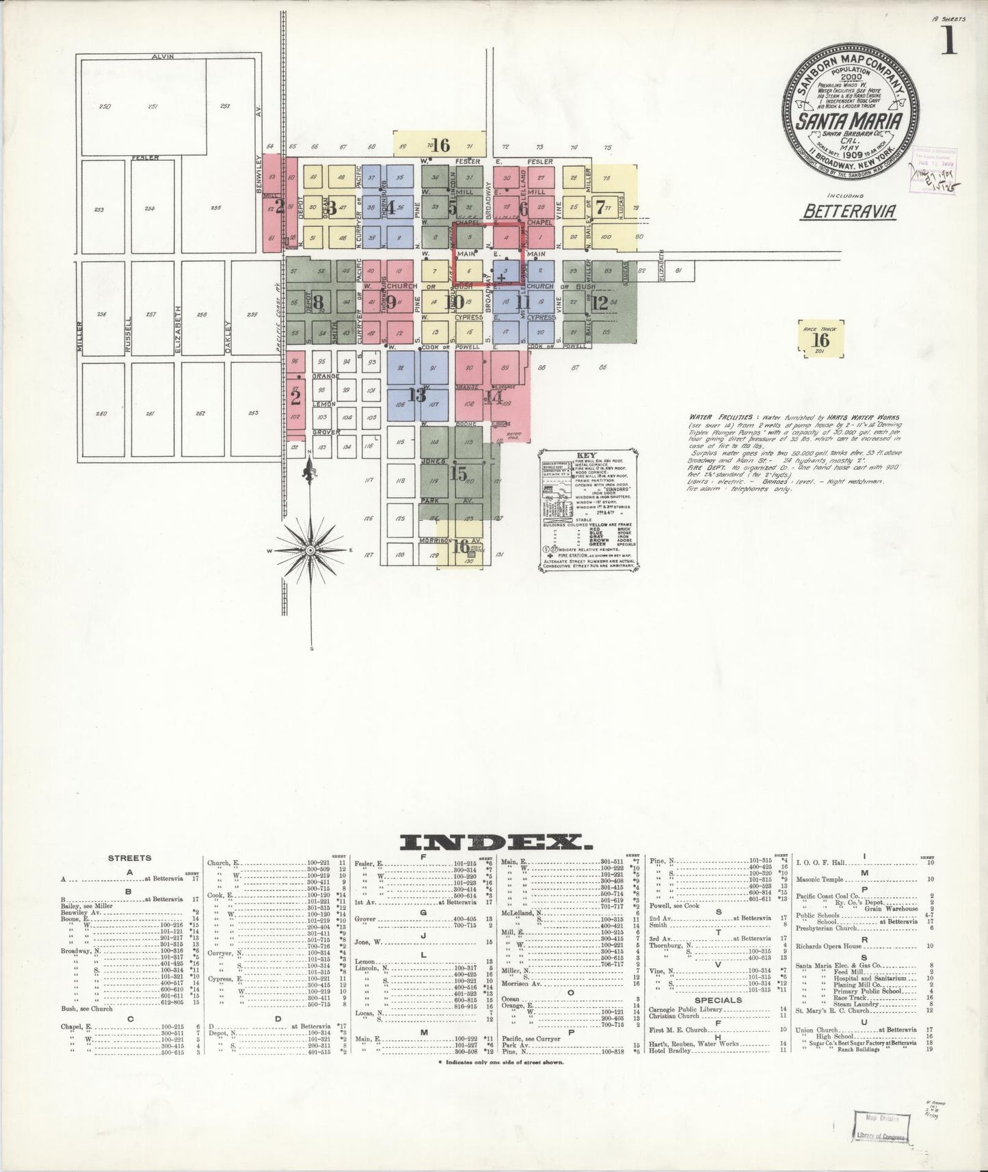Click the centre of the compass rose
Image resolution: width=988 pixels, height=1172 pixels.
[x=310, y=550]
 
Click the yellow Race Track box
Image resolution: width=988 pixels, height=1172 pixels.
[x=821, y=338]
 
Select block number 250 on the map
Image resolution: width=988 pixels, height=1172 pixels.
[x=105, y=106]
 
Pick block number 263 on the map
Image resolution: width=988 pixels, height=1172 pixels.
[x=253, y=412]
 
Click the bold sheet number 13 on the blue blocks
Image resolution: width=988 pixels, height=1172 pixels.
[x=416, y=394]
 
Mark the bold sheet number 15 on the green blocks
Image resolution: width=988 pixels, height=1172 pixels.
[x=459, y=472]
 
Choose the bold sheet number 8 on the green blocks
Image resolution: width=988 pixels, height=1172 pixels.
[x=318, y=301]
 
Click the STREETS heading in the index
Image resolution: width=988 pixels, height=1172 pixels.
[x=130, y=857]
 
